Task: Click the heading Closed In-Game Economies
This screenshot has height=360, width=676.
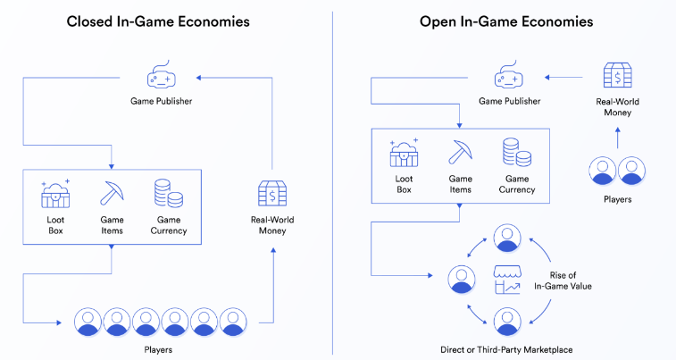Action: pyautogui.click(x=158, y=21)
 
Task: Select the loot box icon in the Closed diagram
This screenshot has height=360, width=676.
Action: pyautogui.click(x=56, y=194)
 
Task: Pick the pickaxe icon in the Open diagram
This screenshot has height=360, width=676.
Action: pyautogui.click(x=460, y=152)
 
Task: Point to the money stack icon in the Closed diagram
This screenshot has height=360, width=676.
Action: pyautogui.click(x=272, y=195)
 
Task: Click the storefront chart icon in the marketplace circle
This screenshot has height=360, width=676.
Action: pyautogui.click(x=507, y=279)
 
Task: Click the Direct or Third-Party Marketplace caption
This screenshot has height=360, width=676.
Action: pyautogui.click(x=507, y=348)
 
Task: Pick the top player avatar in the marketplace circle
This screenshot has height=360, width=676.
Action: pyautogui.click(x=507, y=239)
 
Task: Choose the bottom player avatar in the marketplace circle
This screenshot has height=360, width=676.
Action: pyautogui.click(x=507, y=319)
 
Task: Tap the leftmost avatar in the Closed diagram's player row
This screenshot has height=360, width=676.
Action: pyautogui.click(x=88, y=321)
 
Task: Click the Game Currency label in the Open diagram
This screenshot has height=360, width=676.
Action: pyautogui.click(x=517, y=183)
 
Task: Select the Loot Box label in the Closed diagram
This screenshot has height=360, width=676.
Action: pyautogui.click(x=55, y=224)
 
